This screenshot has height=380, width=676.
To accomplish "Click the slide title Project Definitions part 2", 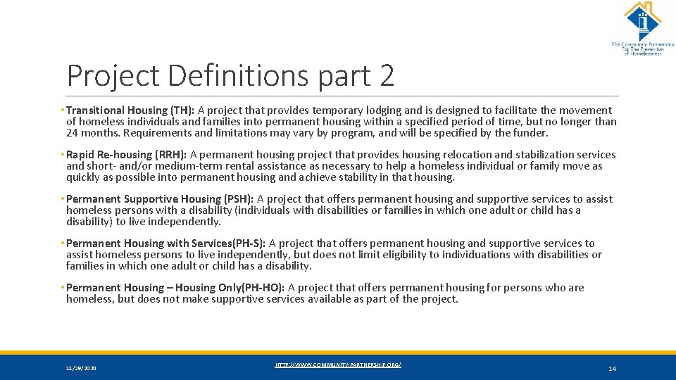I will point(230,76).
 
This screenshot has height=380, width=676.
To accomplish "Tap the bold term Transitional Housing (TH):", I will point(127,110).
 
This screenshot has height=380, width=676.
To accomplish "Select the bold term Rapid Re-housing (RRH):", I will point(127,154).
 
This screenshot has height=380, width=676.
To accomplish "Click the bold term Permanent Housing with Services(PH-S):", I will point(166,243).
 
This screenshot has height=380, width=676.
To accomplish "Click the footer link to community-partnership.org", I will point(338,365).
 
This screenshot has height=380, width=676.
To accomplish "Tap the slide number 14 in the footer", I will point(612,368).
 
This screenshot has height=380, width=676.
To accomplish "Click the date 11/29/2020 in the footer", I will point(82,368).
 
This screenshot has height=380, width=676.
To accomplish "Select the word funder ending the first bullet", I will point(530,132).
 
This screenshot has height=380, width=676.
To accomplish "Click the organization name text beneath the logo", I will point(641,49).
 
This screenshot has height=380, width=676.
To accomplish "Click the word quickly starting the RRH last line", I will point(84,177).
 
